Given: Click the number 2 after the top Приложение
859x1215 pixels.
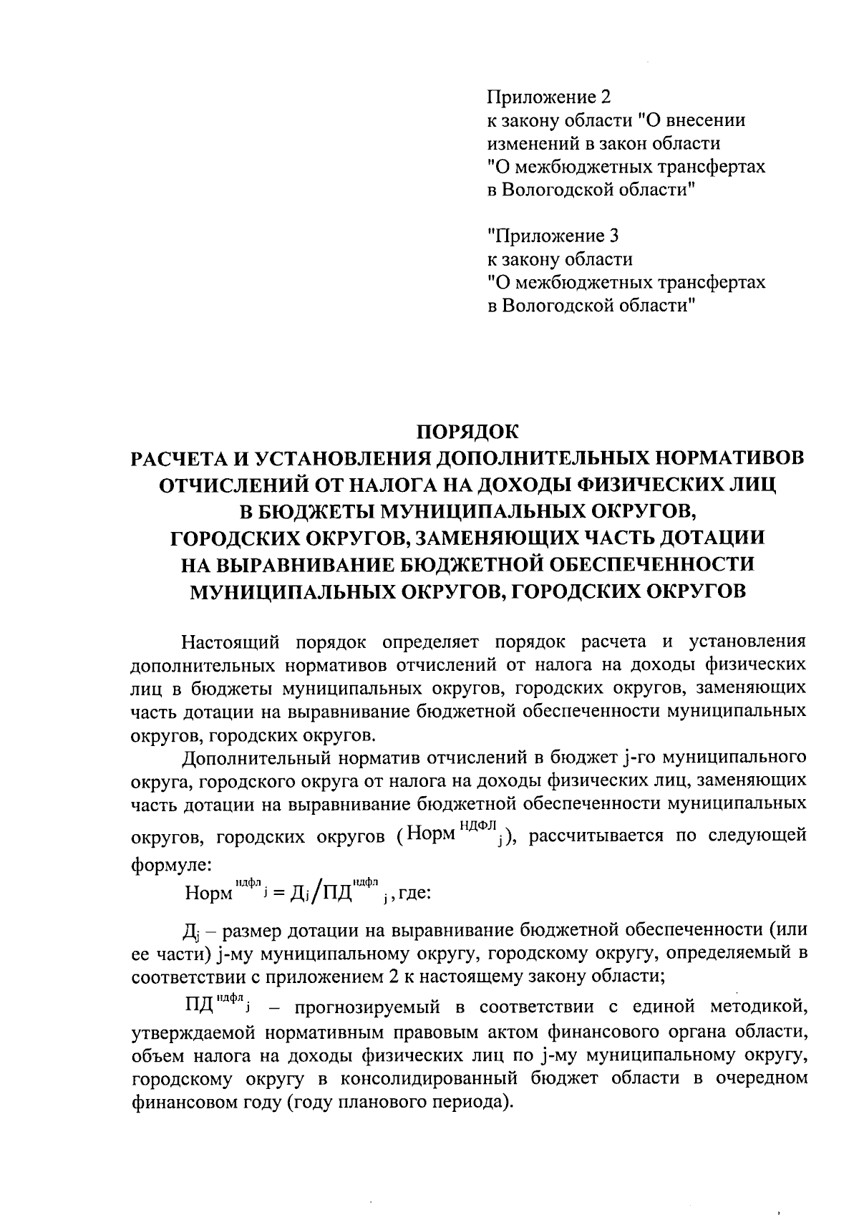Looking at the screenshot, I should click(x=605, y=97).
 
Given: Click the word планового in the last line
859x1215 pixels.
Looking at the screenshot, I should click(x=385, y=1102).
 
